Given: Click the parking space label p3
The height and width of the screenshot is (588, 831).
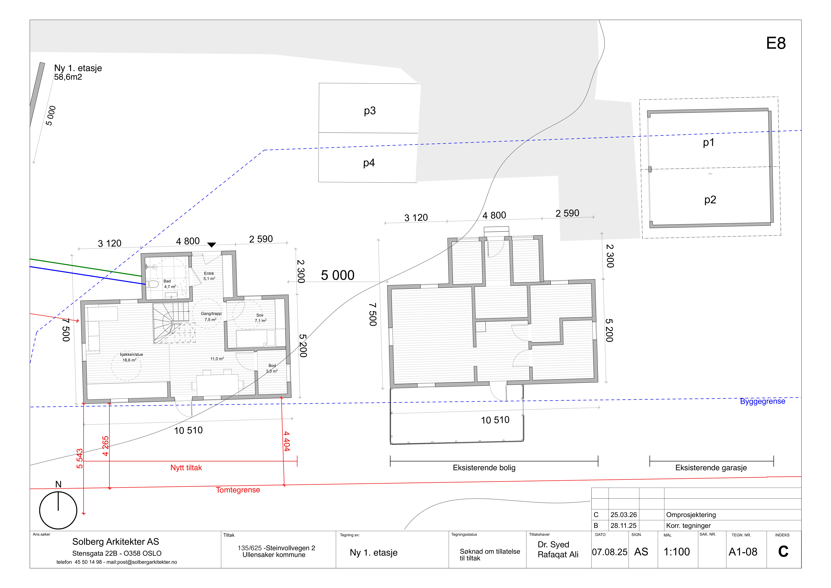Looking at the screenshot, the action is (x=370, y=111).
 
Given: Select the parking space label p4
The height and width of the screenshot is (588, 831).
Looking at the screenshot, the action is (x=369, y=163).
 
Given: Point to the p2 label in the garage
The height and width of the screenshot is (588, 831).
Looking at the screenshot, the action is (x=710, y=200).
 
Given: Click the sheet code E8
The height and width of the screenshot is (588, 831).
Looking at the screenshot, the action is (x=776, y=43).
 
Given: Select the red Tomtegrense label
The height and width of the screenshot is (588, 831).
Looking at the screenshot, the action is (x=238, y=490).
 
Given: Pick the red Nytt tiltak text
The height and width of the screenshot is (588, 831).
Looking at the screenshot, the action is (x=186, y=468).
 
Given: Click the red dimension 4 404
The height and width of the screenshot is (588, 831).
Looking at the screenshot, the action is (x=287, y=441).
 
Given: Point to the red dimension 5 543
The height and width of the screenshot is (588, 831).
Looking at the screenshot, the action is (x=80, y=458).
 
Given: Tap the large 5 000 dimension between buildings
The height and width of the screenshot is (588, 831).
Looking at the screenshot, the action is (x=338, y=276).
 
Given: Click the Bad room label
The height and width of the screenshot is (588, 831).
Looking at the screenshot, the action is (x=167, y=281).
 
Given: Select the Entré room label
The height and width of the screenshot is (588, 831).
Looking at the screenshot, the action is (x=209, y=273).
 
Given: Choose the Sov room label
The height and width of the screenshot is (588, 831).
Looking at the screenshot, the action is (x=260, y=315).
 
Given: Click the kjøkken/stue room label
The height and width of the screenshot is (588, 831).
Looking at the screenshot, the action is (x=131, y=354).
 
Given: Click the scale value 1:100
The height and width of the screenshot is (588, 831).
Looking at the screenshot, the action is (x=676, y=552).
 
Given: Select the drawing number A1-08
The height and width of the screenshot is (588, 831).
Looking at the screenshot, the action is (x=743, y=552).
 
